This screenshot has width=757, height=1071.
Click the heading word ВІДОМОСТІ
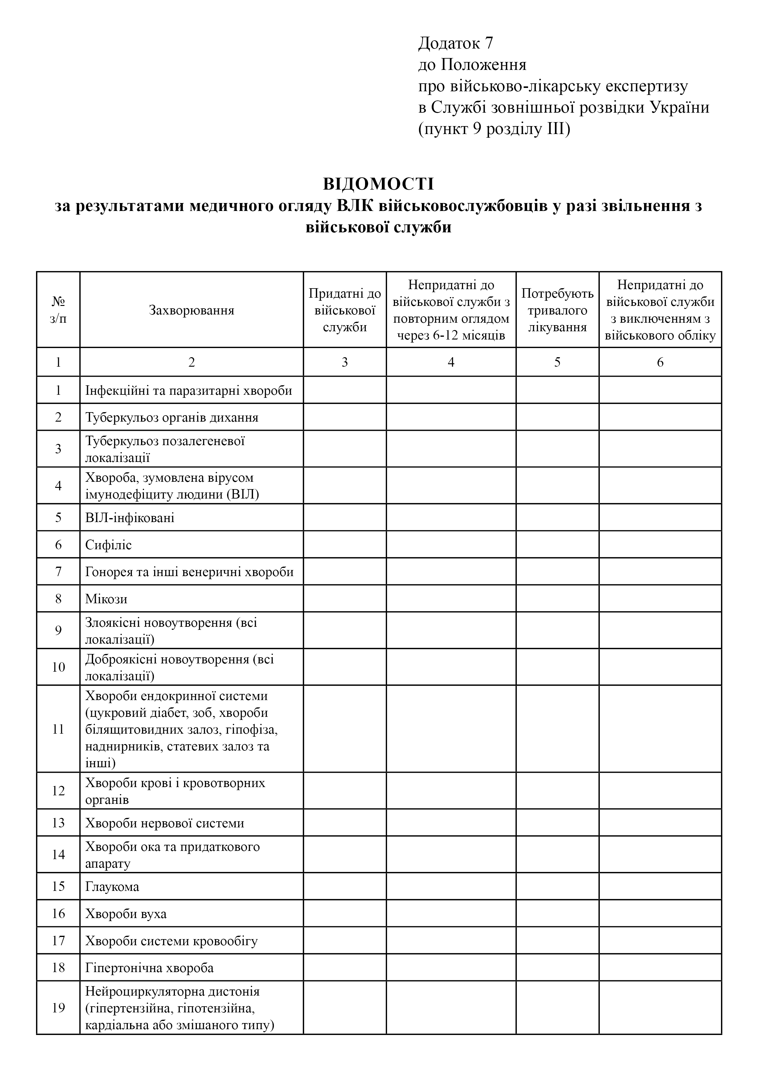(x=378, y=184)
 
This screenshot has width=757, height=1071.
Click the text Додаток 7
(x=455, y=43)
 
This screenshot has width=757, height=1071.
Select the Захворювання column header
(x=191, y=310)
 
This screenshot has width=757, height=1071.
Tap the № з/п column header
(x=58, y=310)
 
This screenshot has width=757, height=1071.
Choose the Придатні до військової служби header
(x=345, y=310)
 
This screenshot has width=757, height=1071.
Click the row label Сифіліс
(x=109, y=545)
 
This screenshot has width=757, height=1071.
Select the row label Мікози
(x=106, y=599)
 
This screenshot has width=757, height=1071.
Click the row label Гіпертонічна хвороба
(x=149, y=968)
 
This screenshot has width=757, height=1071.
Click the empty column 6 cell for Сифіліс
(x=660, y=545)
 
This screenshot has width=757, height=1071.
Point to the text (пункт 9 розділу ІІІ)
(x=494, y=129)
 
